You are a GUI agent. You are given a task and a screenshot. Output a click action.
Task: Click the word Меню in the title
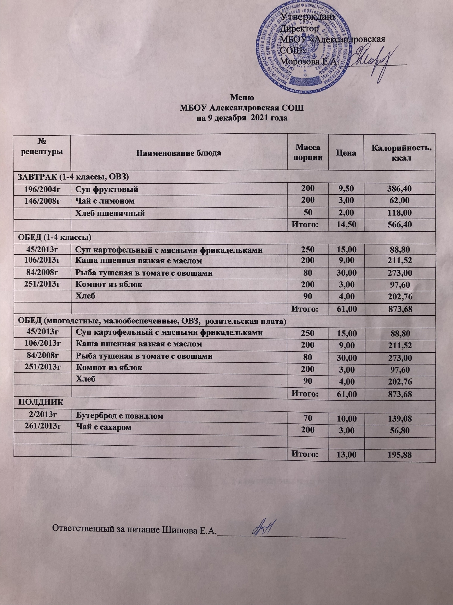point(242,98)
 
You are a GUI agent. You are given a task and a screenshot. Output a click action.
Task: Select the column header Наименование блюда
point(179,153)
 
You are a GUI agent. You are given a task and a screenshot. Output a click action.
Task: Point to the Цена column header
point(346,153)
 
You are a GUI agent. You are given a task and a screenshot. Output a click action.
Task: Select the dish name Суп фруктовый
point(107,190)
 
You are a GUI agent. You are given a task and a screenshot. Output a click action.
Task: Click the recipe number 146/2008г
point(43,201)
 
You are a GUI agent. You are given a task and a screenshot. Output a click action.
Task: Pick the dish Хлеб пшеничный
point(110,213)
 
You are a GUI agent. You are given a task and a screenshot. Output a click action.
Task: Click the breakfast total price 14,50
point(346,225)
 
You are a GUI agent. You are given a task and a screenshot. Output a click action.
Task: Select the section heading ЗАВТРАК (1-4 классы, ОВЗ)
point(73,177)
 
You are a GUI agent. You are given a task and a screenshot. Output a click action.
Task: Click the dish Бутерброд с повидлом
point(120,416)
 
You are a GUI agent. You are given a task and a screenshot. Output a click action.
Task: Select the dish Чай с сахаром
point(104,427)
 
